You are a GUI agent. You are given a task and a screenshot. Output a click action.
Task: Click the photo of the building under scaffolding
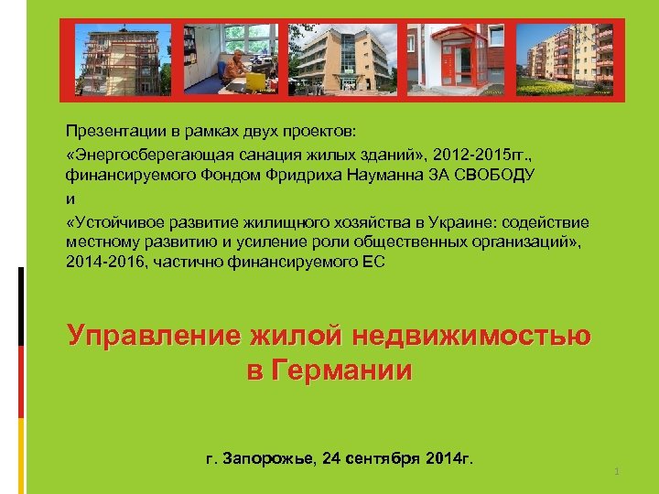pyautogui.click(x=126, y=57)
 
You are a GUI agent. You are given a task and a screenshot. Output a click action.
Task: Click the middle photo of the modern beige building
pyautogui.click(x=341, y=57)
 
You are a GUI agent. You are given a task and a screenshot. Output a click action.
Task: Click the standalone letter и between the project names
pyautogui.click(x=70, y=196)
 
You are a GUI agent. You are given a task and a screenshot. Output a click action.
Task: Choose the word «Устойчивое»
pyautogui.click(x=117, y=221)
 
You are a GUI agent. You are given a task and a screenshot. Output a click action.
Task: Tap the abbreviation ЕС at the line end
pyautogui.click(x=376, y=263)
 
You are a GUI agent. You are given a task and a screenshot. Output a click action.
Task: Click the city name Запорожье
pyautogui.click(x=270, y=456)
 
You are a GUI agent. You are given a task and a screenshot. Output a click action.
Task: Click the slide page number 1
pyautogui.click(x=618, y=471)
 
